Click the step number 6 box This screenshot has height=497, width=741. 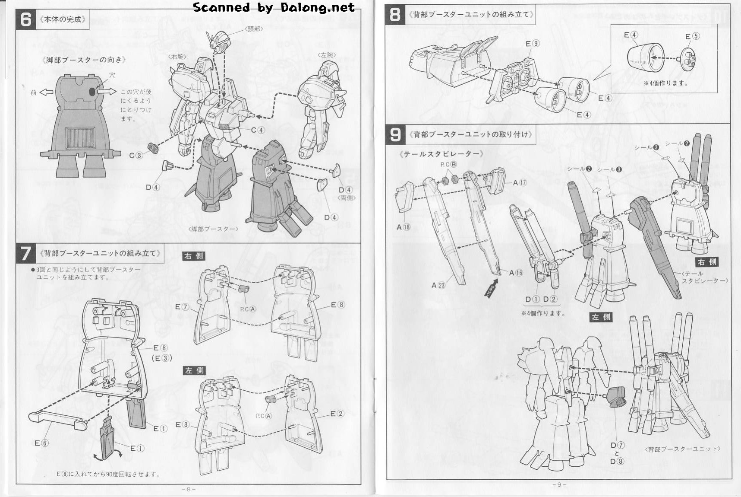26,19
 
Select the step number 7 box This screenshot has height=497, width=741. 26,253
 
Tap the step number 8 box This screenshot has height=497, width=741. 395,14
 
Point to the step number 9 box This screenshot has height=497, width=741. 395,134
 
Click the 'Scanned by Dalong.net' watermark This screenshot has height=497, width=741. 274,7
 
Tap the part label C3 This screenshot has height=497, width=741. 136,155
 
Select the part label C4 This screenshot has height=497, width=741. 258,130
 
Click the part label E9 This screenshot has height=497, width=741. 533,44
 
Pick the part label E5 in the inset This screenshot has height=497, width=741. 692,36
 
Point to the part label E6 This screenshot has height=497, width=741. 41,443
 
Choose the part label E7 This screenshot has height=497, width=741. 182,307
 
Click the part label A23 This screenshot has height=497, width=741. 438,285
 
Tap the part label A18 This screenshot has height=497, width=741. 403,227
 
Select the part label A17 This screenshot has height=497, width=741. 520,183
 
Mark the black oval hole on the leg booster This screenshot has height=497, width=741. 92,92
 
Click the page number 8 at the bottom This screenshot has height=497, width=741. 188,489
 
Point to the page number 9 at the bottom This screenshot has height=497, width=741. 559,484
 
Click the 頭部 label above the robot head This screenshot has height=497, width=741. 254,29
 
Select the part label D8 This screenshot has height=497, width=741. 617,462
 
